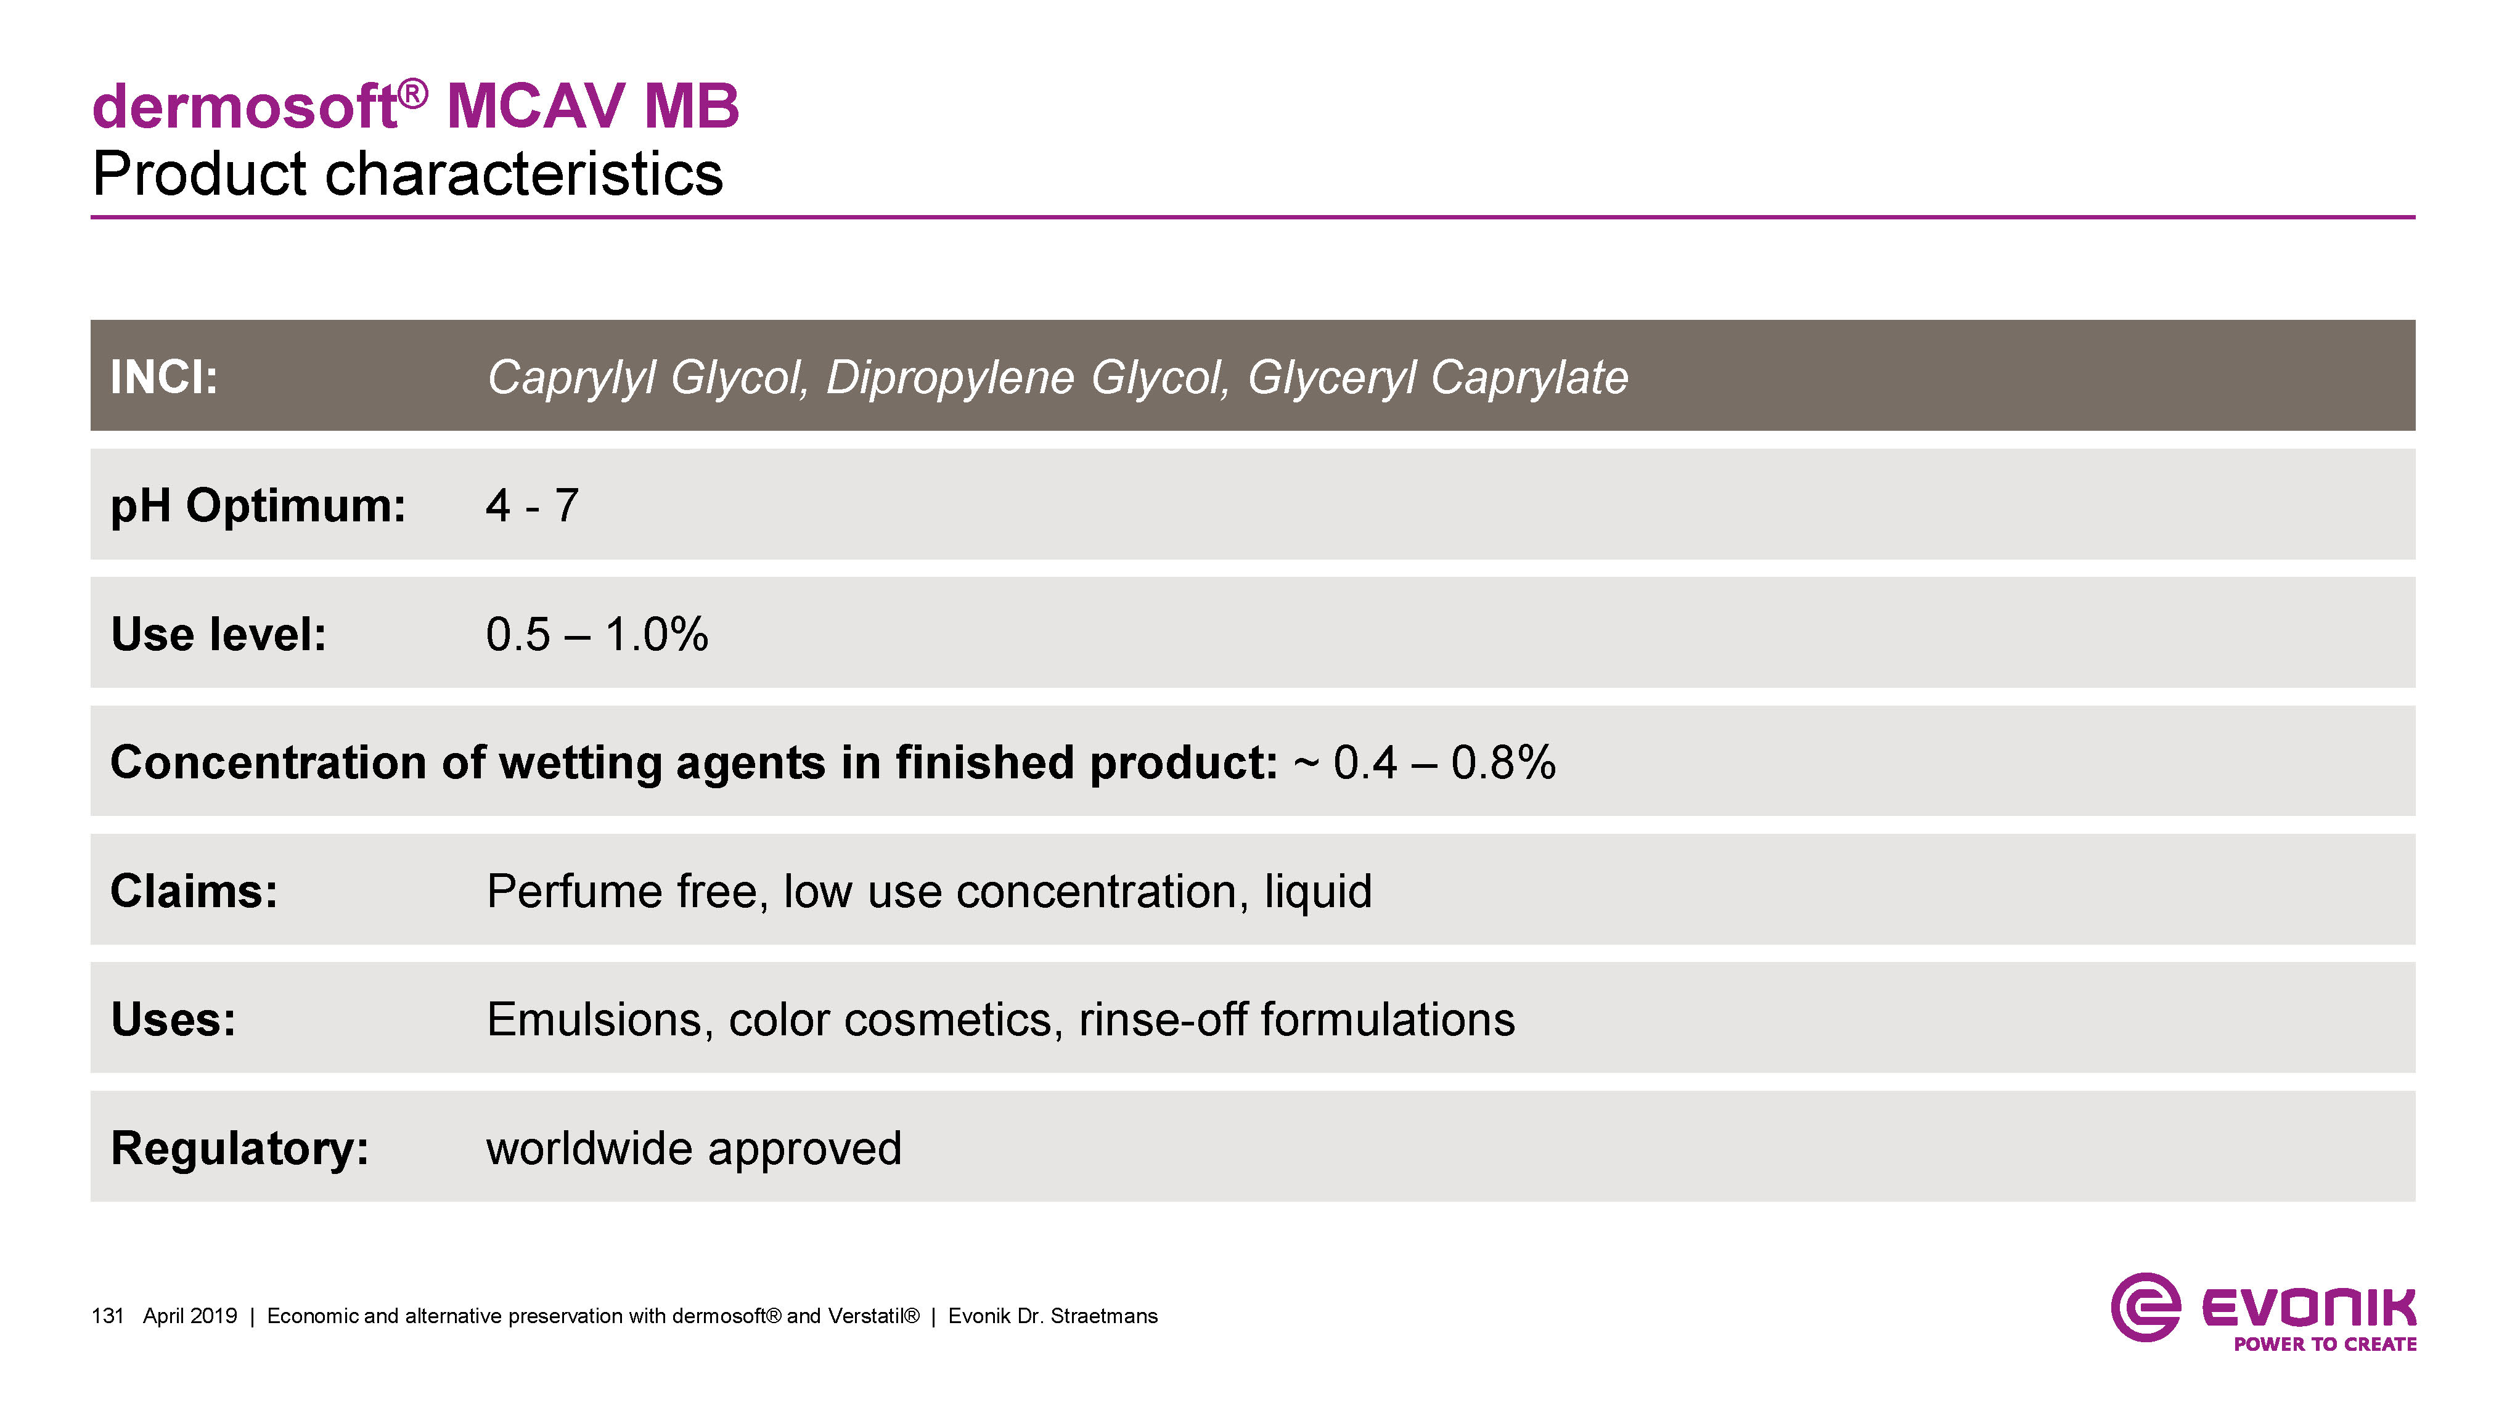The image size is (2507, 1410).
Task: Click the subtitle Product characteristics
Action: [408, 174]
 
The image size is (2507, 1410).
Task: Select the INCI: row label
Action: [163, 377]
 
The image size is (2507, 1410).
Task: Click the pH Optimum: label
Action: [258, 506]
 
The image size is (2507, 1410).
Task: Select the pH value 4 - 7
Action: [533, 506]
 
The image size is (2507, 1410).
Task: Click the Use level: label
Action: [218, 635]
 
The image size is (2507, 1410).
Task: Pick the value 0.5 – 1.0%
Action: [597, 635]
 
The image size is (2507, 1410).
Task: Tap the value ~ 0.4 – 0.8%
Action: [1425, 763]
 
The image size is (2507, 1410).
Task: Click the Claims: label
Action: [194, 891]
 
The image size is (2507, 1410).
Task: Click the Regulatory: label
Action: [239, 1148]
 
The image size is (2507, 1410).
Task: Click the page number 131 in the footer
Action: [107, 1316]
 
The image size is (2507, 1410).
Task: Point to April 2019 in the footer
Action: [190, 1316]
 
